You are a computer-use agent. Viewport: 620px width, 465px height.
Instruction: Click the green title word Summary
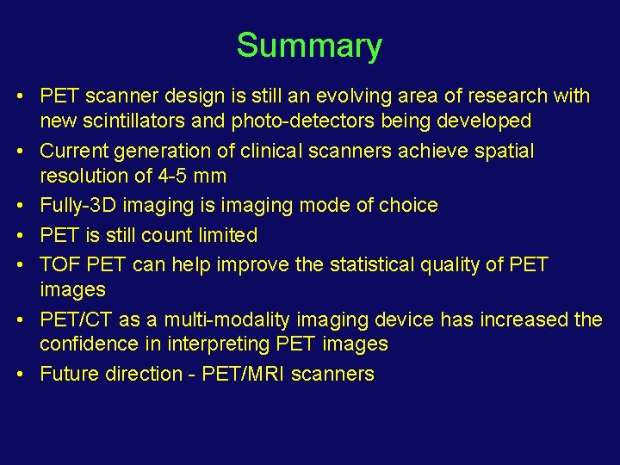tap(309, 46)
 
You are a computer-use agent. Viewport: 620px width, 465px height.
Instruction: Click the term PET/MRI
tap(247, 374)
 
